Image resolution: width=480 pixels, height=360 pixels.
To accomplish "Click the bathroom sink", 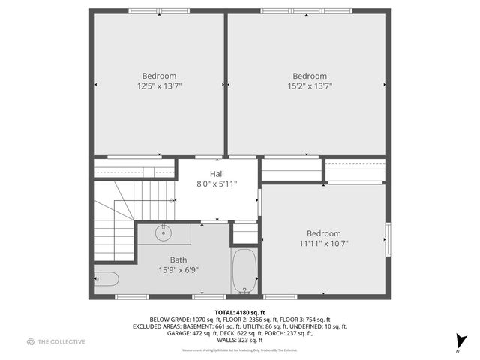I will click(163, 233).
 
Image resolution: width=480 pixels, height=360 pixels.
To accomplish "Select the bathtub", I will click(244, 271).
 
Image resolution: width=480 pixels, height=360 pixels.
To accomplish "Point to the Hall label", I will click(217, 173).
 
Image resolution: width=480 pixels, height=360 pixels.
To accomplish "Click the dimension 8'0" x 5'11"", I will click(217, 183).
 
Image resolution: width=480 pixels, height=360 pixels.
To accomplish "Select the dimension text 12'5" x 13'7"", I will click(159, 86).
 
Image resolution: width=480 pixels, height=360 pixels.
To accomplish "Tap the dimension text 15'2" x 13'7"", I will click(310, 86).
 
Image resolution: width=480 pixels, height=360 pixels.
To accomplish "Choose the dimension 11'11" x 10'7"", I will click(324, 243).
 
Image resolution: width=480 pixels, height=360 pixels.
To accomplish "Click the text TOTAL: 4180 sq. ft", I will click(240, 312).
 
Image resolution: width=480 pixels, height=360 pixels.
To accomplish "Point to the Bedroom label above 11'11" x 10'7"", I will click(324, 233).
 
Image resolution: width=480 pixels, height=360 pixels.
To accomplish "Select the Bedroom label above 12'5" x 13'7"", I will click(159, 76).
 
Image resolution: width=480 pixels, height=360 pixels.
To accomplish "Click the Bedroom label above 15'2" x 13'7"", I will click(310, 76).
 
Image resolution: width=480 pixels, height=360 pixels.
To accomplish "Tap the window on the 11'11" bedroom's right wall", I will click(388, 238).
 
